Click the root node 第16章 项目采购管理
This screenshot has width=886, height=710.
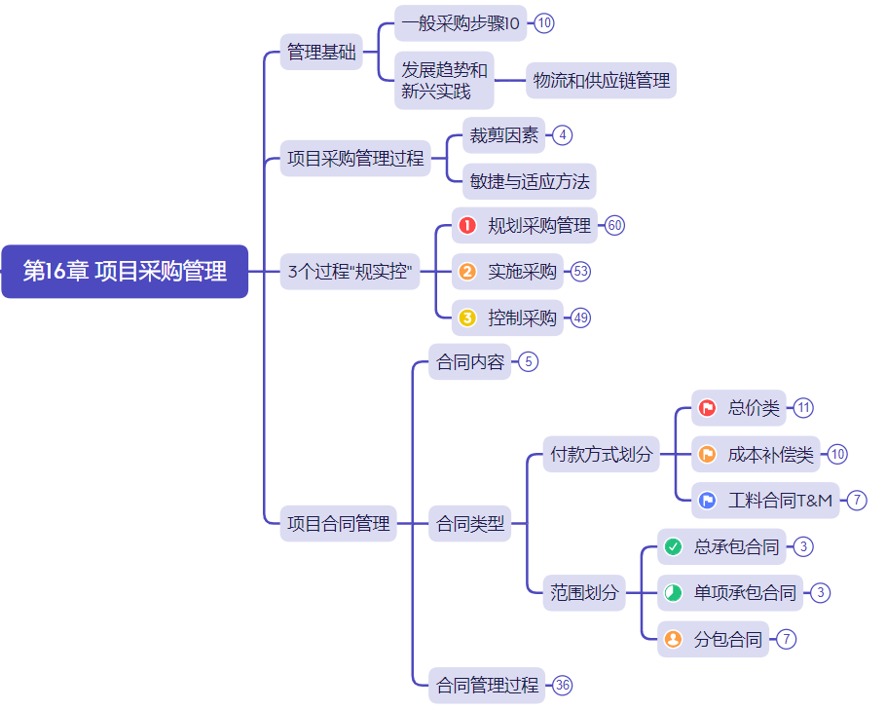click(x=125, y=271)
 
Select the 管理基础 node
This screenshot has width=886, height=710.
click(x=321, y=52)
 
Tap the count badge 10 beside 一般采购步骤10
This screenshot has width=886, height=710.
click(x=544, y=23)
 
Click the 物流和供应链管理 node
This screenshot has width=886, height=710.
click(x=602, y=81)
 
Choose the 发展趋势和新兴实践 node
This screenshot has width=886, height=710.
click(x=444, y=81)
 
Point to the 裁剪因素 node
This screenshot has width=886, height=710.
click(x=503, y=135)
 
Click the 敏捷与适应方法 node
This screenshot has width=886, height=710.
click(x=530, y=181)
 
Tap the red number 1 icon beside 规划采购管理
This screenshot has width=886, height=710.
click(x=467, y=226)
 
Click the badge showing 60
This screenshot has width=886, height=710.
click(x=614, y=226)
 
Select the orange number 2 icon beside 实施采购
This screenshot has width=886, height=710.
click(x=467, y=272)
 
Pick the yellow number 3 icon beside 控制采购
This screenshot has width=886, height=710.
click(x=467, y=318)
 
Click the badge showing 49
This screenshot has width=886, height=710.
click(x=581, y=318)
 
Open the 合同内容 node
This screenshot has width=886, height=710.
click(x=470, y=362)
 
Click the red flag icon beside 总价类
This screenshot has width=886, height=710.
click(x=708, y=408)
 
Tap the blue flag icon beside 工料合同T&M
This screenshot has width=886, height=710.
click(x=708, y=501)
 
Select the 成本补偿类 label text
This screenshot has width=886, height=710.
click(x=770, y=454)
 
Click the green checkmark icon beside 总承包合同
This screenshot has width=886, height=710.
click(x=673, y=547)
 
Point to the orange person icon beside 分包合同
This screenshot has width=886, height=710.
click(x=673, y=640)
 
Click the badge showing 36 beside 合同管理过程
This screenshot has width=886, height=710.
click(x=563, y=686)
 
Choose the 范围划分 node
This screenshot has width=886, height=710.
click(x=584, y=592)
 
